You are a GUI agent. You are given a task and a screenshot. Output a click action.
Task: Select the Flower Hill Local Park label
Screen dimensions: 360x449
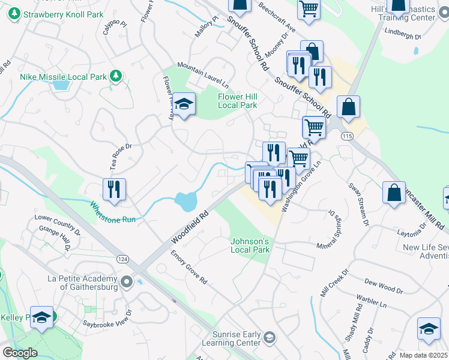pos(237,101)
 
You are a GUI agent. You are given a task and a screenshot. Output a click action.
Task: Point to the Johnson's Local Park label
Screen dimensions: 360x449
pos(250,245)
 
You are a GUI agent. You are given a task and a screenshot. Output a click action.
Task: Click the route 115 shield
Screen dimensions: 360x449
pos(349,137)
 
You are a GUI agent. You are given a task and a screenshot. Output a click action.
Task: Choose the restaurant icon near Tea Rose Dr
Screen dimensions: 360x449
pos(114,189)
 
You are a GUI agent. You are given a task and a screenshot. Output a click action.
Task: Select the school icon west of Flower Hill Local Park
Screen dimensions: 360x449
pos(184,104)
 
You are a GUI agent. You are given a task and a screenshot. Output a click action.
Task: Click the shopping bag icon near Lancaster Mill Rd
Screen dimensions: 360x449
pos(394,193)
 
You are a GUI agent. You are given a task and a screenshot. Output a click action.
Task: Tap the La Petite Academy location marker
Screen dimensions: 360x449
pos(127,281)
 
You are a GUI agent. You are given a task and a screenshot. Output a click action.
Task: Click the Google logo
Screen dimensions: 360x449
pos(20,352)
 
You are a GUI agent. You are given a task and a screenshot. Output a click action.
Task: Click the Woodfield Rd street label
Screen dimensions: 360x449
pos(188,226)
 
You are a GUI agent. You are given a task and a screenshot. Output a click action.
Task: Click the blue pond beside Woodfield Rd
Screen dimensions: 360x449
pos(187,201)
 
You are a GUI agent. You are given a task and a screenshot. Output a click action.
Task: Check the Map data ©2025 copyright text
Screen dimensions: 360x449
pos(423,355)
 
